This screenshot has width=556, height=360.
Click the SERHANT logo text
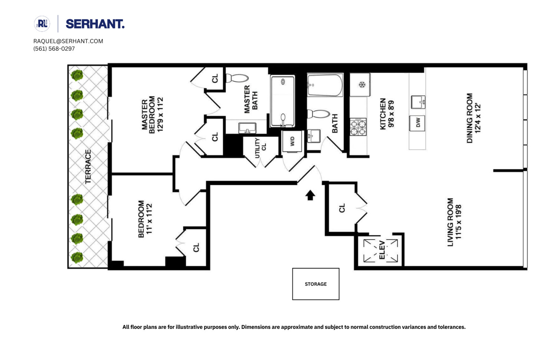pyautogui.click(x=95, y=24)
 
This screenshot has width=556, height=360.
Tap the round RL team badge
pyautogui.click(x=42, y=24)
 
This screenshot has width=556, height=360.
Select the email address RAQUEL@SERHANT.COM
pyautogui.click(x=68, y=41)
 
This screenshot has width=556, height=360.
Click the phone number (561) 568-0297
pyautogui.click(x=54, y=49)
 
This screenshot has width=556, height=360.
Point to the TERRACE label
pyautogui.click(x=88, y=166)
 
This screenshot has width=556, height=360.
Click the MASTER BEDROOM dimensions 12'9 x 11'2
pyautogui.click(x=160, y=115)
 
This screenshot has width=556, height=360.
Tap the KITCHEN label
pyautogui.click(x=383, y=114)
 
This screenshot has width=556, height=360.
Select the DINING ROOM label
pyautogui.click(x=470, y=118)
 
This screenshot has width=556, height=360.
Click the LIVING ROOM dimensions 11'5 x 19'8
pyautogui.click(x=458, y=222)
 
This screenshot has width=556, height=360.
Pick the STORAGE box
pyautogui.click(x=316, y=284)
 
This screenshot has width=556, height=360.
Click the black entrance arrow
pyautogui.click(x=310, y=195)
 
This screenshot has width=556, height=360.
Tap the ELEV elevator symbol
pyautogui.click(x=381, y=251)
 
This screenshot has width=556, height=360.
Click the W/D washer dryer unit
pyautogui.click(x=292, y=141)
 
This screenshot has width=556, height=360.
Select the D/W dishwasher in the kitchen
pyautogui.click(x=417, y=123)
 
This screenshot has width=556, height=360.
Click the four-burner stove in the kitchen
pyautogui.click(x=358, y=127)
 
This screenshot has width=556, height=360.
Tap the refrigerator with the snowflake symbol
pyautogui.click(x=360, y=85)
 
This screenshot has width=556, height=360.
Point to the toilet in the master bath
pyautogui.click(x=237, y=78)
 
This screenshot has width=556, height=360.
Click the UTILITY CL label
pyautogui.click(x=260, y=148)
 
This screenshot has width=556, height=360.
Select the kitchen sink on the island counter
pyautogui.click(x=418, y=102)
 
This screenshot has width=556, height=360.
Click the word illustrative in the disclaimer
pyautogui.click(x=189, y=327)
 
